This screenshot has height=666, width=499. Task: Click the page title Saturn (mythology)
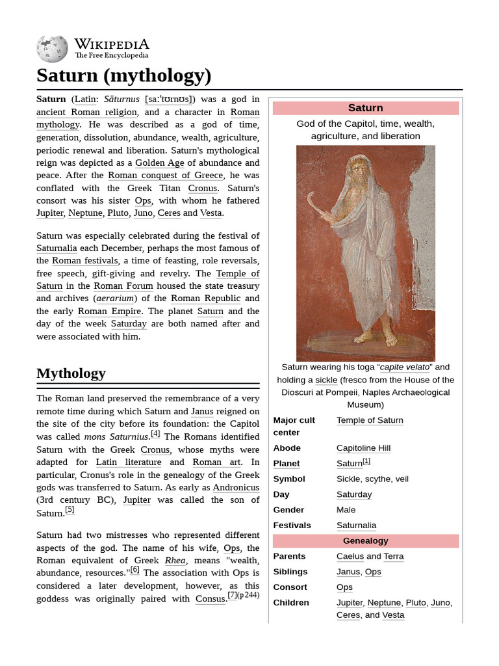click(x=123, y=76)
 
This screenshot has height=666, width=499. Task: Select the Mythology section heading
click(x=71, y=373)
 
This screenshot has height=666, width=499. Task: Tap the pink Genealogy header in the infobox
click(x=365, y=541)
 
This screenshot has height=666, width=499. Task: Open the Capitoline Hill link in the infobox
click(x=363, y=448)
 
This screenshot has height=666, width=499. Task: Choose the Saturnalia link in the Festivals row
click(x=356, y=526)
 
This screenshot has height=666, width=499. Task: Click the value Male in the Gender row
click(x=346, y=510)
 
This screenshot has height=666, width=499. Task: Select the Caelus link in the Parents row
click(x=350, y=557)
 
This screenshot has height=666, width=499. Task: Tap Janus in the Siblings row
click(x=348, y=572)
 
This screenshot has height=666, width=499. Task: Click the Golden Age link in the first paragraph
click(x=160, y=163)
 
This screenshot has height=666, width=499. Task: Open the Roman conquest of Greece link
click(x=166, y=176)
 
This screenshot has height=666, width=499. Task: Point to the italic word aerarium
click(x=116, y=299)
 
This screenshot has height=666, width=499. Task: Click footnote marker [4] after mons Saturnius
click(x=155, y=434)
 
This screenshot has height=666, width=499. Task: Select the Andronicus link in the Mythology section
click(x=236, y=488)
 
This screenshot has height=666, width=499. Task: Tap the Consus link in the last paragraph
click(x=210, y=598)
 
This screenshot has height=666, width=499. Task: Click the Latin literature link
click(x=129, y=462)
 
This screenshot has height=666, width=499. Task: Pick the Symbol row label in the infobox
click(x=289, y=479)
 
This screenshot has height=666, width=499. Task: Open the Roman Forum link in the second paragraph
click(x=123, y=286)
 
